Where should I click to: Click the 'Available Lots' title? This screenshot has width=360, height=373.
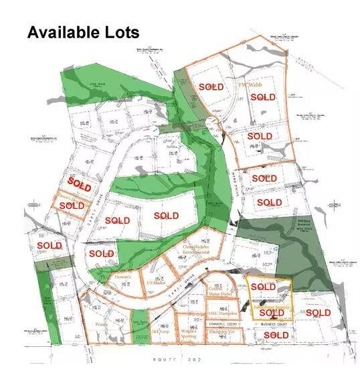coord(83,32)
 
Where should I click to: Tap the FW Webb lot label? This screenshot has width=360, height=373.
coord(252,85)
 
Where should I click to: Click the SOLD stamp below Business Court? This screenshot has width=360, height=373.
coord(276,335)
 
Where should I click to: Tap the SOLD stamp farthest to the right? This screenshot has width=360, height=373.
coord(318,313)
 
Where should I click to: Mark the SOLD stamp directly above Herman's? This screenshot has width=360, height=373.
coord(102,254)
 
